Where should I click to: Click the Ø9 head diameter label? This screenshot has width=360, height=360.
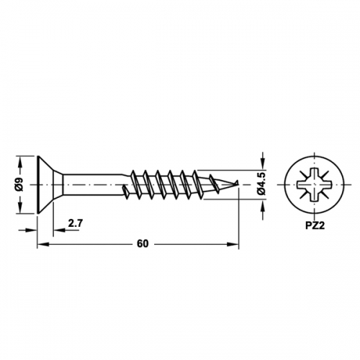[x=20, y=184]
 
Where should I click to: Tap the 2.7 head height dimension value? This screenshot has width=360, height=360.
[x=76, y=223]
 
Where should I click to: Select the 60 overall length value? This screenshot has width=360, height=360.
[x=143, y=244]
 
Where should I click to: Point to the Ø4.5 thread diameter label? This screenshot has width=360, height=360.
[x=263, y=184]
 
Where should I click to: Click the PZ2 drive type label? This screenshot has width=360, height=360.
[x=315, y=226]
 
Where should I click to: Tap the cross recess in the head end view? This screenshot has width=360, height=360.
[x=315, y=185]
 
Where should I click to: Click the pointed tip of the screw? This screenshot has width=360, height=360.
[x=238, y=181]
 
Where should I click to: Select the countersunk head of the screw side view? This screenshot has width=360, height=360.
[x=50, y=184]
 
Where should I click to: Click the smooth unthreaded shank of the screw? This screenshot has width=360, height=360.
[x=92, y=184]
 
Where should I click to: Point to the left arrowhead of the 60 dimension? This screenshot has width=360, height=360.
[x=42, y=244]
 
